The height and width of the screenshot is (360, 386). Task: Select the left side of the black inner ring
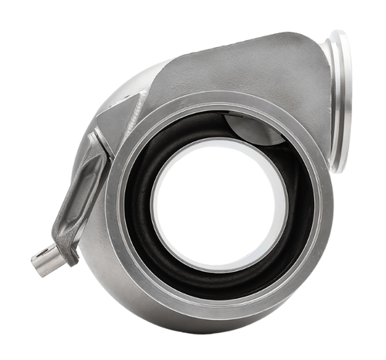tap(133, 209)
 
